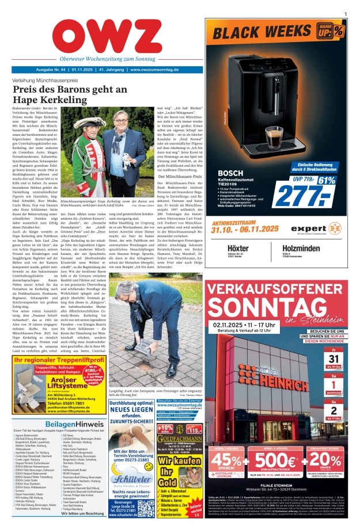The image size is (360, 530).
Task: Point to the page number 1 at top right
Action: click(x=345, y=13)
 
